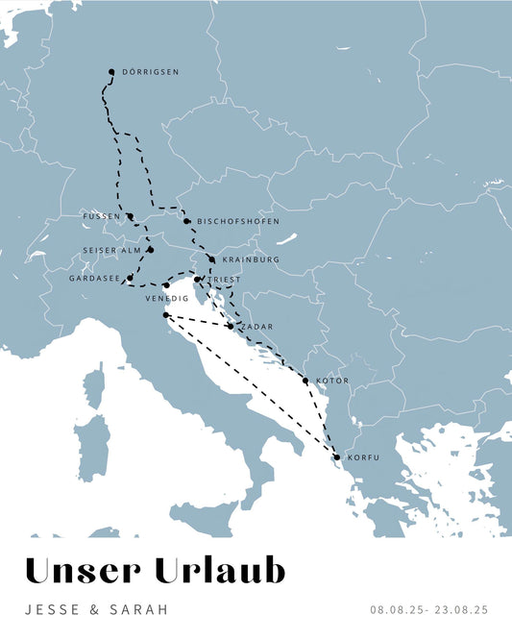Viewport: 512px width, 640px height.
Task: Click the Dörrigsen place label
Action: pyautogui.click(x=151, y=72)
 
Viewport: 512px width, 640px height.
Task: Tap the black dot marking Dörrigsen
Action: pyautogui.click(x=111, y=72)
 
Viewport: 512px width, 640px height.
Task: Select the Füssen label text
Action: pyautogui.click(x=102, y=216)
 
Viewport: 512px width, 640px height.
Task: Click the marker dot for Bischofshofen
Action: pyautogui.click(x=186, y=221)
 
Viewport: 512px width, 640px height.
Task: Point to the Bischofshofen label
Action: pyautogui.click(x=238, y=222)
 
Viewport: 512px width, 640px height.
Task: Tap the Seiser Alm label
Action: pyautogui.click(x=111, y=250)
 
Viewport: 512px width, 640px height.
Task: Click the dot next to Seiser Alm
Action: pyautogui.click(x=150, y=250)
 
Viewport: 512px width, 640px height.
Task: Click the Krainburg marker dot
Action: pyautogui.click(x=211, y=259)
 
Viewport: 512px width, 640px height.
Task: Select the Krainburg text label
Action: pyautogui.click(x=250, y=259)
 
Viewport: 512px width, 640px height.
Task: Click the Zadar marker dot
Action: pyautogui.click(x=231, y=327)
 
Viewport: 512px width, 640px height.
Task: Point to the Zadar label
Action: pyautogui.click(x=257, y=327)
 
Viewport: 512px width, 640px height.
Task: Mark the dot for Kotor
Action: pyautogui.click(x=305, y=382)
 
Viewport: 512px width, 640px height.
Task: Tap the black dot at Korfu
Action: pyautogui.click(x=337, y=457)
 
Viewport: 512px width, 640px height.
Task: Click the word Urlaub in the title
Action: pyautogui.click(x=224, y=571)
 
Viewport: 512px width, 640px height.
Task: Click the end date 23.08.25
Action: pyautogui.click(x=461, y=609)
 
